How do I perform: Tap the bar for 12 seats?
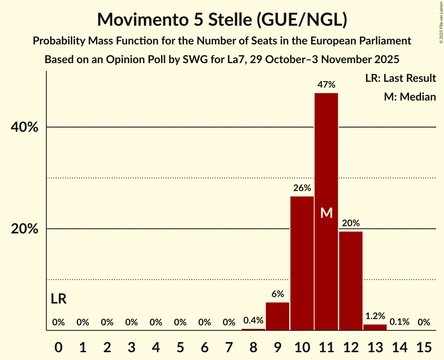pyautogui.click(x=351, y=281)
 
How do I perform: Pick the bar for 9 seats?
pyautogui.click(x=278, y=316)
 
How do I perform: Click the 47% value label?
pyautogui.click(x=326, y=85)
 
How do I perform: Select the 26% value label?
pyautogui.click(x=302, y=188)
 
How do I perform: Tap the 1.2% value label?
pyautogui.click(x=375, y=316)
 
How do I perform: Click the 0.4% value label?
pyautogui.click(x=253, y=321)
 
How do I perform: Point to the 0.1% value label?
pyautogui.click(x=400, y=322)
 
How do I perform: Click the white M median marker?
pyautogui.click(x=326, y=213)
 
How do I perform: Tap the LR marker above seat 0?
pyautogui.click(x=58, y=299)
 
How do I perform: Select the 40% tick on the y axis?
pyautogui.click(x=25, y=127)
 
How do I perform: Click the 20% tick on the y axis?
pyautogui.click(x=25, y=229)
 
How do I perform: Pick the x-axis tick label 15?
pyautogui.click(x=424, y=346)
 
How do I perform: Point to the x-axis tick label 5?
pyautogui.click(x=180, y=346)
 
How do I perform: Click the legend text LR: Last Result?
pyautogui.click(x=400, y=78)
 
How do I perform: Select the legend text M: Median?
pyautogui.click(x=410, y=97)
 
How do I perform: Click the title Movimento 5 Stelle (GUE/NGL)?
pyautogui.click(x=222, y=19)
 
